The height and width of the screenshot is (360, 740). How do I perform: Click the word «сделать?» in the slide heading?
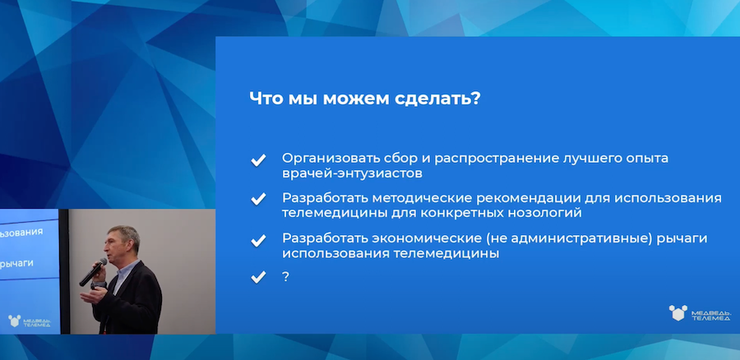coord(434,99)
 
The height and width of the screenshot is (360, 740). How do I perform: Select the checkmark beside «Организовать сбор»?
coord(258,160)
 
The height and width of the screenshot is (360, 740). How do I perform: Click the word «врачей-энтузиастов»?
coord(352,173)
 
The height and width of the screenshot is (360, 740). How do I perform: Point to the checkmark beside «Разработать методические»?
coord(258,199)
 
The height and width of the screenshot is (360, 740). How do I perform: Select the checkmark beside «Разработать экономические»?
coord(258,241)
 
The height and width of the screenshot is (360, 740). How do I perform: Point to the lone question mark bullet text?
coord(285,277)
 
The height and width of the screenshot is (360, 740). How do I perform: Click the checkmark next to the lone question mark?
coord(258,277)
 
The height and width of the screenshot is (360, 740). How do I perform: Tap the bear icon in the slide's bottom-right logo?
coord(678,313)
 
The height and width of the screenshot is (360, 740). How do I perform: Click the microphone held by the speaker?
coord(93,272)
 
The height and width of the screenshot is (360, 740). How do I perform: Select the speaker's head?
coord(123,243)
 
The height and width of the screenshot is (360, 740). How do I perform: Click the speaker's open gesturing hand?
coord(93,296)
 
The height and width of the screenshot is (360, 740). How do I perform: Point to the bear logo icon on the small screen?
coord(14,321)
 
